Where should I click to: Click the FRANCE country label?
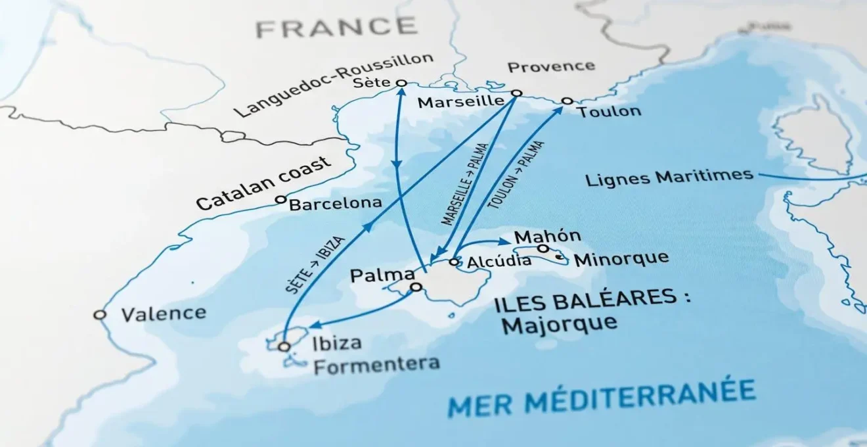click(x=336, y=27)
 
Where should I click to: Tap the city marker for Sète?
click(x=402, y=83)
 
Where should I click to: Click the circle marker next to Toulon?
click(x=567, y=101)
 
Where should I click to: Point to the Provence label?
click(x=551, y=66)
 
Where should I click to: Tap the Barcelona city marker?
click(x=280, y=199)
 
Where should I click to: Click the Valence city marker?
click(x=100, y=315)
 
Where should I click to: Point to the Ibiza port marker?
click(x=284, y=346)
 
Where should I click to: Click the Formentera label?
click(x=376, y=365)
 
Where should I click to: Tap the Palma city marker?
click(x=416, y=287)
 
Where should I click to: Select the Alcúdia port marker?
click(x=453, y=262)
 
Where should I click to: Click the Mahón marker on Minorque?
click(x=543, y=248)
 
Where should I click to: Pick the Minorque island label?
click(x=621, y=258)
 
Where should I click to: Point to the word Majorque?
click(x=558, y=323)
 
